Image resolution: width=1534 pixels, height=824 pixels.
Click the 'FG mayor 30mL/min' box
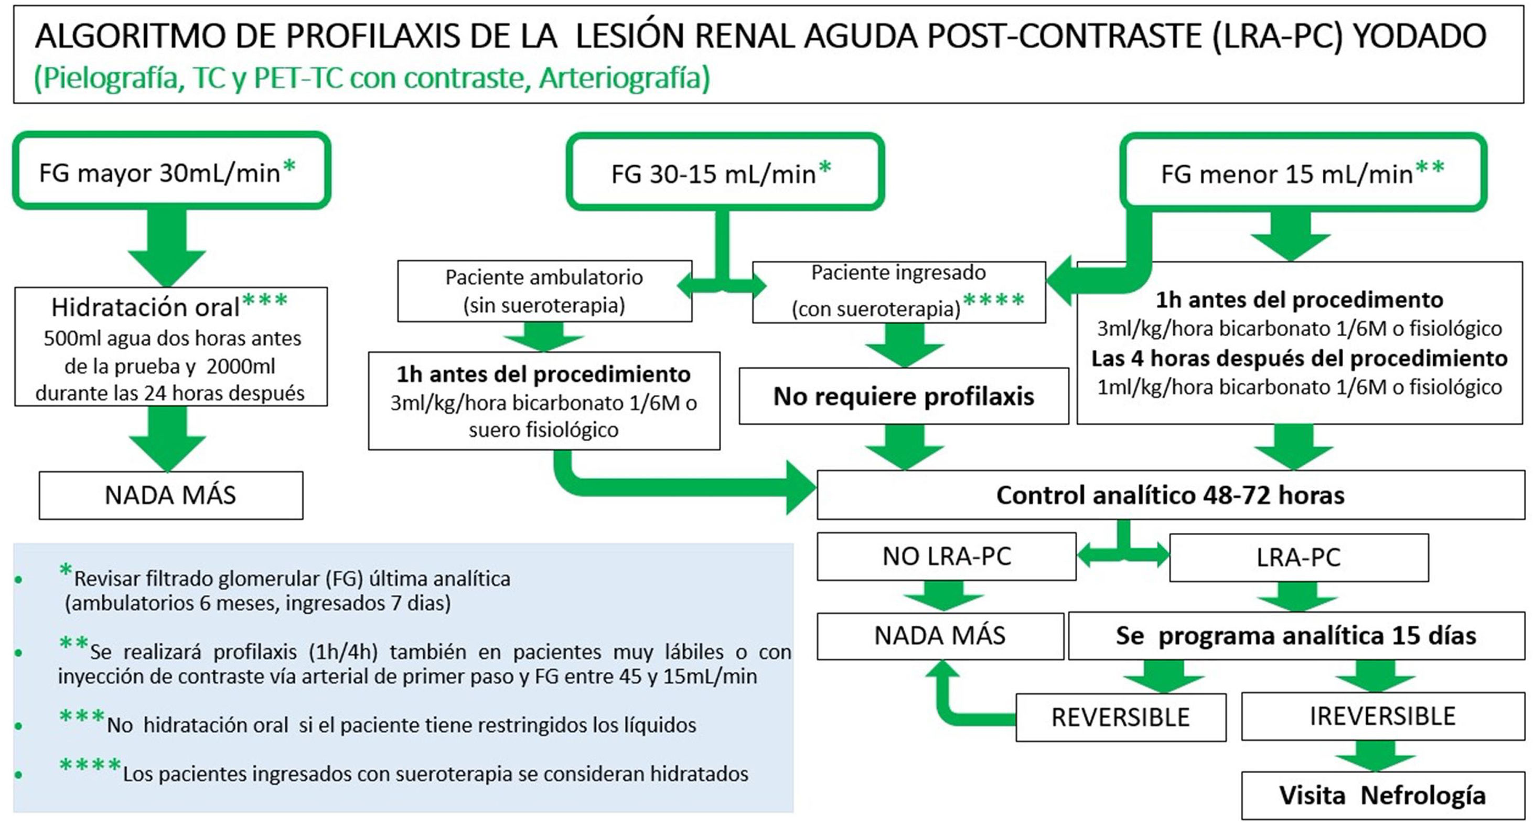pyautogui.click(x=171, y=171)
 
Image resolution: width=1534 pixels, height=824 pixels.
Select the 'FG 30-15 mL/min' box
pyautogui.click(x=725, y=172)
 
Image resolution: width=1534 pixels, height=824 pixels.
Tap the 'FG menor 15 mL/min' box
pyautogui.click(x=1303, y=172)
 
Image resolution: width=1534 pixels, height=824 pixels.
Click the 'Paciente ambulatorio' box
pyautogui.click(x=544, y=291)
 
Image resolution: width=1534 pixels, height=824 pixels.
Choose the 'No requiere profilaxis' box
pyautogui.click(x=904, y=396)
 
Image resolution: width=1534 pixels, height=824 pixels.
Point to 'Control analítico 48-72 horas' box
pyautogui.click(x=1170, y=495)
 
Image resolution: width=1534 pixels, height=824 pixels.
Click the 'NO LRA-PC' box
pyautogui.click(x=946, y=556)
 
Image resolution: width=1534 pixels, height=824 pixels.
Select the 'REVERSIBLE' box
pyautogui.click(x=1120, y=717)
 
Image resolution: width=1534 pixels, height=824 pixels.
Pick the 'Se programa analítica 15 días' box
pyautogui.click(x=1296, y=635)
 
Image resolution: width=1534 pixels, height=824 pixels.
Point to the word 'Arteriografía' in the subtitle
pyautogui.click(x=624, y=78)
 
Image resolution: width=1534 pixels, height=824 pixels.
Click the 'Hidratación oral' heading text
pyautogui.click(x=145, y=307)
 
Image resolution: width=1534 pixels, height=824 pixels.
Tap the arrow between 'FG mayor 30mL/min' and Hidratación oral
pyautogui.click(x=167, y=247)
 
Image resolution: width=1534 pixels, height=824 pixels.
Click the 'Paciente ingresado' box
pyautogui.click(x=898, y=292)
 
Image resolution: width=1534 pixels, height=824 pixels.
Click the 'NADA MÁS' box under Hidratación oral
pyautogui.click(x=171, y=495)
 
